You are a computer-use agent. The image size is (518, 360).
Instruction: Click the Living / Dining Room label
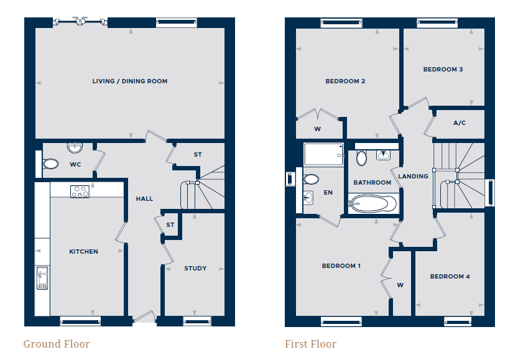coord(130,81)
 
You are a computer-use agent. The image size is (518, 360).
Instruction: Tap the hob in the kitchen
coord(80,192)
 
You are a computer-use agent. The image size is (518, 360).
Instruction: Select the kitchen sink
coord(42,278)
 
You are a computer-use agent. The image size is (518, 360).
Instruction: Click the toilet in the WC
coord(50,164)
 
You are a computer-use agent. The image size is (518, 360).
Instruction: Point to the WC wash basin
coord(75,147)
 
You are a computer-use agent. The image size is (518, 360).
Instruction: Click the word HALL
coord(144,199)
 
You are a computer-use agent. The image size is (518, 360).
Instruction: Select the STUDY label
coord(195,269)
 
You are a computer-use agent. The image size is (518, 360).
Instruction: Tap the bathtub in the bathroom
coord(373,203)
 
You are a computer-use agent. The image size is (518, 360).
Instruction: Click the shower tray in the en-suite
coord(324,154)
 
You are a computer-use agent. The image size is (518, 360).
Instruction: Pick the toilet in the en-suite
coord(311,179)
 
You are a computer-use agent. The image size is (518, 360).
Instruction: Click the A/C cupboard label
coord(460,123)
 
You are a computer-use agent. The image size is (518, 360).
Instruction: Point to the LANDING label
coord(413,177)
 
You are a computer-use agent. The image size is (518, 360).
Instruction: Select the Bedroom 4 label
coord(450,277)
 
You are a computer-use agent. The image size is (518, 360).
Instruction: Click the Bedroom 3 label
coord(443,70)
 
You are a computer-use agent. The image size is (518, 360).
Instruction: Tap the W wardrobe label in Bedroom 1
coord(400,285)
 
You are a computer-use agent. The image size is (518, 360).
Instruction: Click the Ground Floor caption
coord(57,344)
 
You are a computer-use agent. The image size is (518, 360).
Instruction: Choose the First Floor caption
coord(310,344)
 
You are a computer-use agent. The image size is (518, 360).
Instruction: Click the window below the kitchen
coord(80,321)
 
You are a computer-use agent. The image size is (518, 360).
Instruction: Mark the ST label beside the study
coord(170,225)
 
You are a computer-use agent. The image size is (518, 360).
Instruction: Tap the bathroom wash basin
coord(383,155)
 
